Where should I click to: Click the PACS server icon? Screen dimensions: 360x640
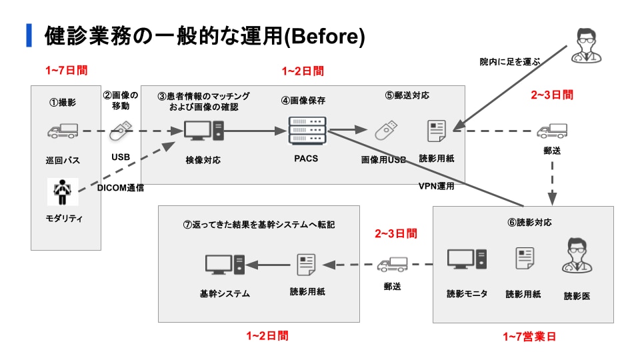pos(307,131)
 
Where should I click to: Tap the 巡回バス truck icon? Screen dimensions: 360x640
pos(62,131)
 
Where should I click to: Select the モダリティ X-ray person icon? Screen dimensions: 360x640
pos(62,191)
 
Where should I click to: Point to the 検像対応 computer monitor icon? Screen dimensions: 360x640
pos(203,131)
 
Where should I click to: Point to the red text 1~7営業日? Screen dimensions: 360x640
pos(529,337)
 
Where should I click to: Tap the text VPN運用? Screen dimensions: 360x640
pos(436,186)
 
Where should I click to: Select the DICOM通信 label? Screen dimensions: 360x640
pos(121,187)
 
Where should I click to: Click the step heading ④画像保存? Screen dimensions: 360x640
pos(303,101)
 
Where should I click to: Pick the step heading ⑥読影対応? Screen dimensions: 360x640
pos(529,222)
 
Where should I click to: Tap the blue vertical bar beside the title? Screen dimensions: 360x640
pos(29,35)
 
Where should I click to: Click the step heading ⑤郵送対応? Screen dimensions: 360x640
pos(408,95)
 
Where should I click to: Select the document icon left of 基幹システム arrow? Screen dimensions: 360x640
pos(306,265)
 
